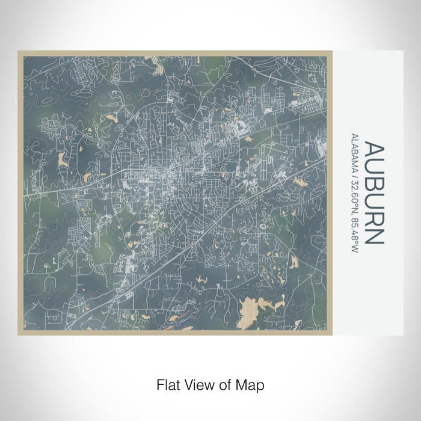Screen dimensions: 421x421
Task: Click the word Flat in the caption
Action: tap(166, 384)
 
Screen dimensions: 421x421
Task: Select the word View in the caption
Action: tap(195, 384)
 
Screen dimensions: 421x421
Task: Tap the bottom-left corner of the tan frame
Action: tap(19, 334)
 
